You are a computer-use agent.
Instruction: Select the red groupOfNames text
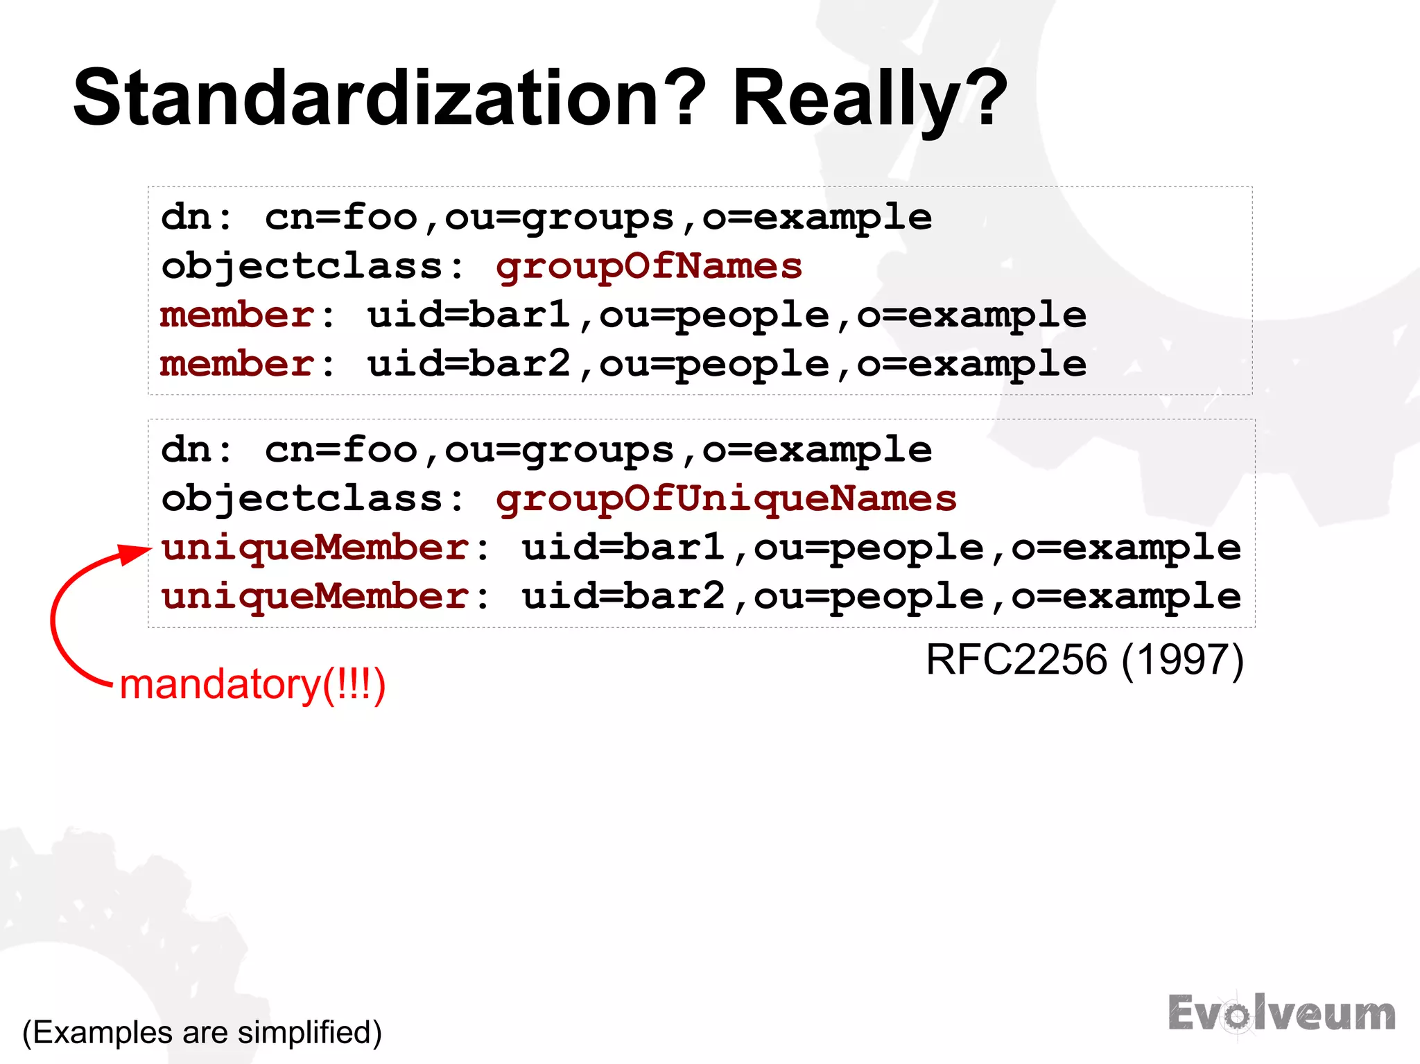[649, 267]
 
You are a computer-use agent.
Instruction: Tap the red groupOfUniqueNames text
[726, 499]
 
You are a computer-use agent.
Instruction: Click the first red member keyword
[238, 316]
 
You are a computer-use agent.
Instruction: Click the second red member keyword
[238, 365]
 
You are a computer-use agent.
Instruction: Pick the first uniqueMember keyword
[315, 548]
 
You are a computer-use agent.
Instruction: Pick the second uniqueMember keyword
[315, 597]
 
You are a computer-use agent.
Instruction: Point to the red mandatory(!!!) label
[252, 685]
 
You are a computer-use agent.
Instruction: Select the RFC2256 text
[1016, 659]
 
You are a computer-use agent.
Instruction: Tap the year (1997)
[1182, 659]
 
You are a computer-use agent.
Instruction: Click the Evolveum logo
[1281, 1014]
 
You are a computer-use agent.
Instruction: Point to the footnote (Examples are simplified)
[202, 1032]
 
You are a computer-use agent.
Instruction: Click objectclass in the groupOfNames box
[302, 267]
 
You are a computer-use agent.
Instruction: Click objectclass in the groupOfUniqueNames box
[302, 499]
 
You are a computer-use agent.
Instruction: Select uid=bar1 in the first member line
[469, 316]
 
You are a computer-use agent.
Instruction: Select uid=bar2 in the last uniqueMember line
[624, 597]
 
